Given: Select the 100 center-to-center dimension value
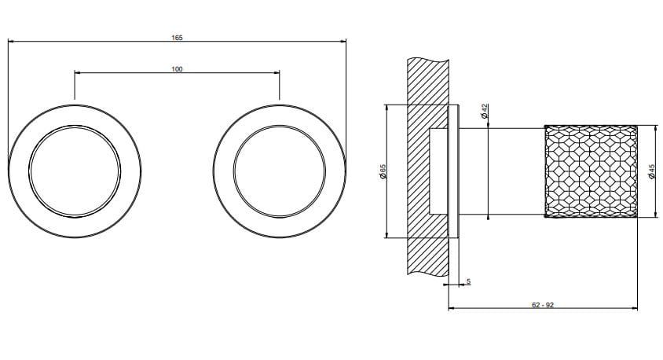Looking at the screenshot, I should click(177, 69).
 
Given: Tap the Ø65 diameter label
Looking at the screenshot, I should click(383, 172).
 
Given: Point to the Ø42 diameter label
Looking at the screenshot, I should click(485, 112).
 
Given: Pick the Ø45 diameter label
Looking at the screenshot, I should click(651, 172).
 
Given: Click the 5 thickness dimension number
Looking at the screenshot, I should click(468, 281).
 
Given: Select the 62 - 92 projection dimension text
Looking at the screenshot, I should click(543, 303).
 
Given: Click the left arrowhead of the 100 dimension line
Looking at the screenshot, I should click(77, 74).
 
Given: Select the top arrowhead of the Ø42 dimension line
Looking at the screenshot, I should click(490, 126).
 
